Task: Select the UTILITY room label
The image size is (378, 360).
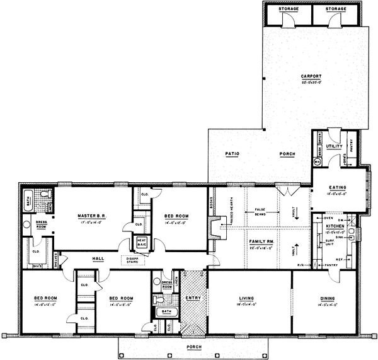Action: [334, 146]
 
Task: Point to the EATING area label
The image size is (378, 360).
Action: [338, 187]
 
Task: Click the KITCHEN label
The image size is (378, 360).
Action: [335, 225]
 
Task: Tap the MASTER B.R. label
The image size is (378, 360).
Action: [91, 216]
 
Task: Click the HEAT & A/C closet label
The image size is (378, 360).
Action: [142, 242]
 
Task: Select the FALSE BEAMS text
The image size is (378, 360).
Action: [263, 211]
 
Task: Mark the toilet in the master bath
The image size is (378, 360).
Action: [26, 223]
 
